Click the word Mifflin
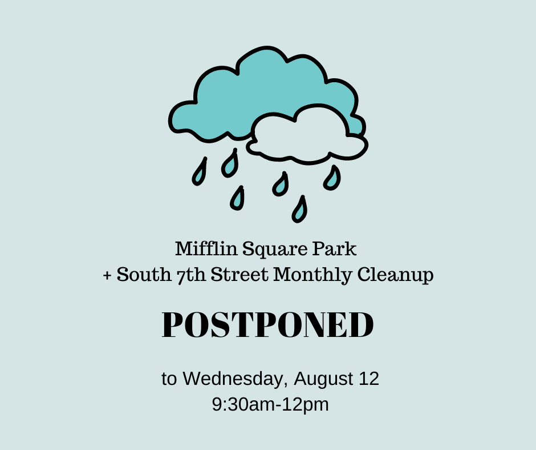click(x=206, y=248)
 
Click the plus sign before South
click(x=107, y=275)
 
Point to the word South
click(x=144, y=274)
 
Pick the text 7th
click(x=192, y=275)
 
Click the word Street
click(x=239, y=274)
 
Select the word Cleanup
click(x=396, y=276)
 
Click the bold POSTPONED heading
click(x=267, y=325)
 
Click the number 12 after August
click(x=369, y=379)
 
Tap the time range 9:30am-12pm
click(x=270, y=405)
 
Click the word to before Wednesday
click(x=169, y=379)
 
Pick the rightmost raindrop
click(x=332, y=178)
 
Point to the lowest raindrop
click(x=299, y=210)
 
